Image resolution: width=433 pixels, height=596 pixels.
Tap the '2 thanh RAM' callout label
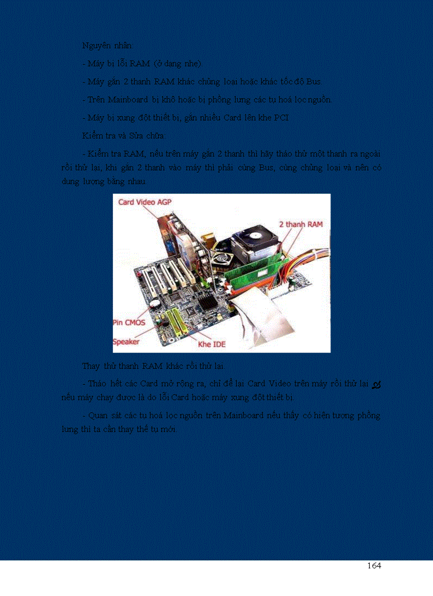[300, 224]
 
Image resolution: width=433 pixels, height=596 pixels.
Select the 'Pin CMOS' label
[129, 322]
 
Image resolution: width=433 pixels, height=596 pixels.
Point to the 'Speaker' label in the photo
[126, 341]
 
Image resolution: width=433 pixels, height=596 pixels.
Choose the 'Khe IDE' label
[212, 344]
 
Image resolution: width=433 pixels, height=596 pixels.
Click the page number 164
[374, 566]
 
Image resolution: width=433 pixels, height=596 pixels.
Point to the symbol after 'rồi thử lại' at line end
[376, 384]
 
